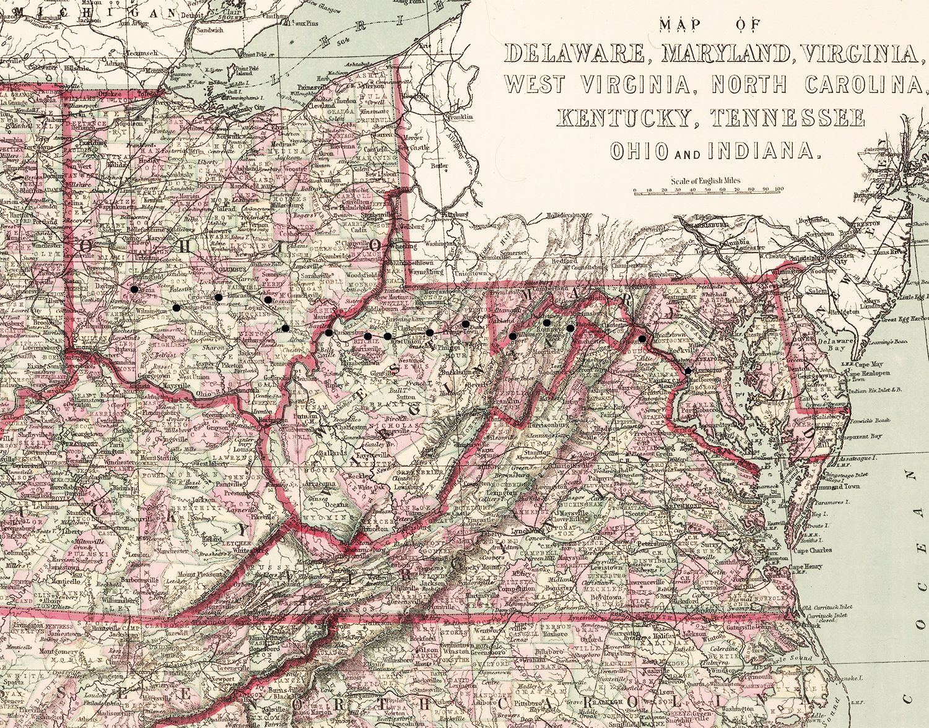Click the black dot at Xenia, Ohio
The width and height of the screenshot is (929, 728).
click(134, 288)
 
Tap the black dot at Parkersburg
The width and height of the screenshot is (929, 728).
click(328, 333)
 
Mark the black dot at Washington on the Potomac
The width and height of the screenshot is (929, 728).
click(687, 370)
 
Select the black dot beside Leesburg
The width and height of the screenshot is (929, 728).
click(643, 339)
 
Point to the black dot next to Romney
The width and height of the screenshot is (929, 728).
click(547, 322)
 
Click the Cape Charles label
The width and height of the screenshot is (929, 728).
click(811, 550)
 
